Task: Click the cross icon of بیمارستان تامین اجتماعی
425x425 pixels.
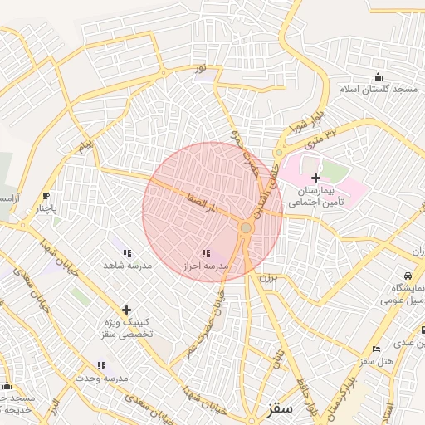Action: (x=315, y=178)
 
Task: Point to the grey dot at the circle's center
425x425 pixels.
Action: (x=246, y=227)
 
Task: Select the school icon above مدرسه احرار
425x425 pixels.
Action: (x=206, y=253)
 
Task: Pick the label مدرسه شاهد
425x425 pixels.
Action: (x=127, y=265)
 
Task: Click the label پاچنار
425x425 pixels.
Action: (x=46, y=209)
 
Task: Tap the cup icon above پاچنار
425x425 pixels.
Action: (x=46, y=197)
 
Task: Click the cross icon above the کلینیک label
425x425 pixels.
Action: (x=126, y=309)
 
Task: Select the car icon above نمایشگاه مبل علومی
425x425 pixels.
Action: (x=408, y=276)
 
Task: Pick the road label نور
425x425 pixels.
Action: (x=199, y=66)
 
